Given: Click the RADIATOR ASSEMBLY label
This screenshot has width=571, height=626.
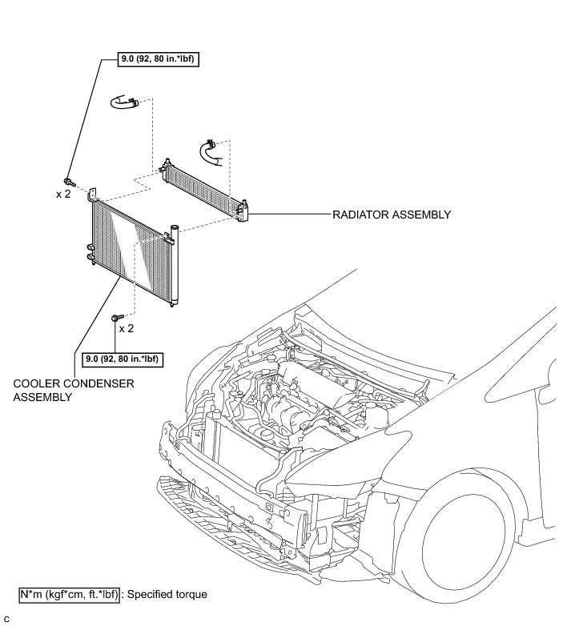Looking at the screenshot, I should pyautogui.click(x=392, y=215).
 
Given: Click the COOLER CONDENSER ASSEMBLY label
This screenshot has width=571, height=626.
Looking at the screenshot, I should pyautogui.click(x=73, y=390).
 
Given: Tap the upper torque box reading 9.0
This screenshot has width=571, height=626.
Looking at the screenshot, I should pyautogui.click(x=152, y=60).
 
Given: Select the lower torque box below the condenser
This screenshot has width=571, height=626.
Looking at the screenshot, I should pyautogui.click(x=120, y=359).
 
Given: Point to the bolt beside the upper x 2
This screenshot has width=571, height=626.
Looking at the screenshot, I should pyautogui.click(x=70, y=182).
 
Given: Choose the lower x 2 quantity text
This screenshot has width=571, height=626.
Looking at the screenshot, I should pyautogui.click(x=126, y=328).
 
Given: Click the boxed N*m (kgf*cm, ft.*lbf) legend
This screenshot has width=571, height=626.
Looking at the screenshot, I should pyautogui.click(x=69, y=595).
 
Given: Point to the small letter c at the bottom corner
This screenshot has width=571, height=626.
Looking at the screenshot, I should pyautogui.click(x=6, y=620).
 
